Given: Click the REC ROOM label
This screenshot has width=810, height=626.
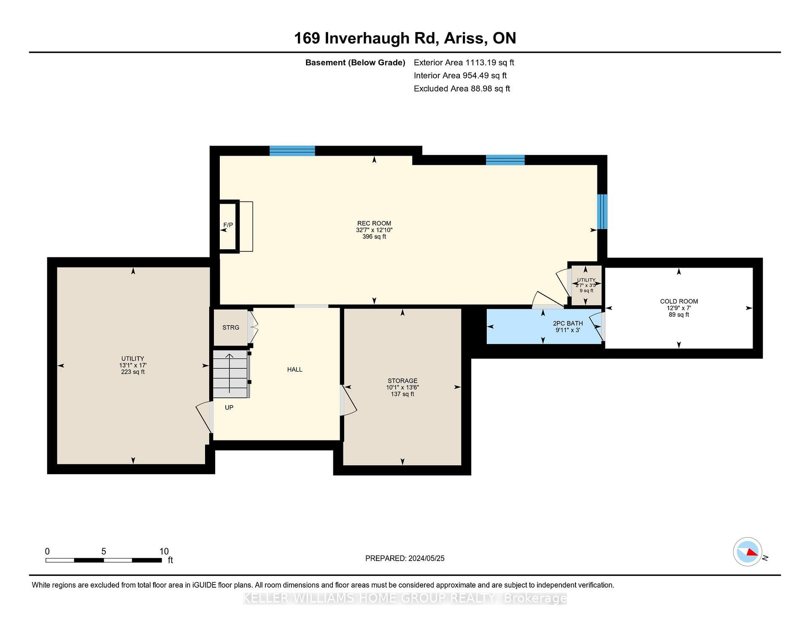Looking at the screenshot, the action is click(374, 223).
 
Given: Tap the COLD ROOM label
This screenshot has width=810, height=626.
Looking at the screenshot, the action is click(679, 301).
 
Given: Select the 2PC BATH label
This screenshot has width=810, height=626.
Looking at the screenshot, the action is click(568, 323).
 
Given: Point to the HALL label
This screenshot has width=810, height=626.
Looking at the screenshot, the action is click(294, 370).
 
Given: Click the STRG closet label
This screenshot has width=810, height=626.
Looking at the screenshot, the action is click(231, 327).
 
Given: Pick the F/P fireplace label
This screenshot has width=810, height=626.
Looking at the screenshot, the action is click(228, 225).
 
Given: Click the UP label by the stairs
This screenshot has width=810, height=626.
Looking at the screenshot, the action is click(229, 407).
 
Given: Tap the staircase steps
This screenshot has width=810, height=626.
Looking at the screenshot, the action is click(230, 374).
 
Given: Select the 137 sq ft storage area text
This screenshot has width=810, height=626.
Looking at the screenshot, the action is click(402, 394).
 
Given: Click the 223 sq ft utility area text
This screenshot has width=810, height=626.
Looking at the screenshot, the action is click(133, 372).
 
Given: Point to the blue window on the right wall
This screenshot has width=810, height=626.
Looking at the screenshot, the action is click(602, 211).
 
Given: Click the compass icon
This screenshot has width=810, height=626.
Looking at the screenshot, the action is click(748, 552).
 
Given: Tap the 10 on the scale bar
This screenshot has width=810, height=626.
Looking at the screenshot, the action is click(164, 551).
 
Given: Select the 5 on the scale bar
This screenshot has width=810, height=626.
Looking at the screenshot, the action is click(104, 551).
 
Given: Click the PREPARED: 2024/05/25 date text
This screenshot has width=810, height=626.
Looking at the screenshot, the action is click(405, 559).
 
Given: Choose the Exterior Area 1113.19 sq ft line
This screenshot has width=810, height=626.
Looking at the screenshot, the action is click(464, 62).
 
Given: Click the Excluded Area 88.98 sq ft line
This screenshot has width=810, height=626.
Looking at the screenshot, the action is click(462, 89).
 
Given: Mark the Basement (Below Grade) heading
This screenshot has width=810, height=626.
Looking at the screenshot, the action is click(355, 62).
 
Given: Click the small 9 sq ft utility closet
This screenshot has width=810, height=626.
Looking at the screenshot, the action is click(586, 285).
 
